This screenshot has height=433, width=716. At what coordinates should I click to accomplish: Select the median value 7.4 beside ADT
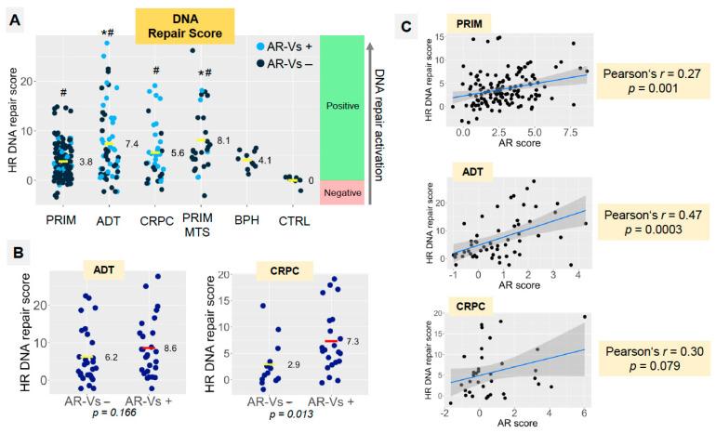click(x=131, y=145)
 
